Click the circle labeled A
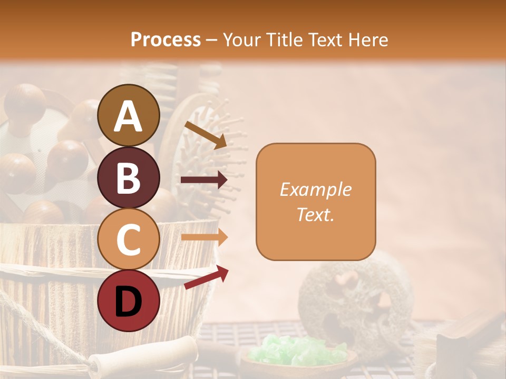click(128, 115)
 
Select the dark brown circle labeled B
click(128, 177)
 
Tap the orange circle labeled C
click(128, 240)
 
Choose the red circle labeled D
click(128, 302)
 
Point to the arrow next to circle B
click(204, 180)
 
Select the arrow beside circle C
click(204, 237)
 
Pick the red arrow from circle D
click(206, 277)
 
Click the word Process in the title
click(166, 40)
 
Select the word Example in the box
click(315, 189)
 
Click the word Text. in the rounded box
click(315, 214)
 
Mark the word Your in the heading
click(242, 40)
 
